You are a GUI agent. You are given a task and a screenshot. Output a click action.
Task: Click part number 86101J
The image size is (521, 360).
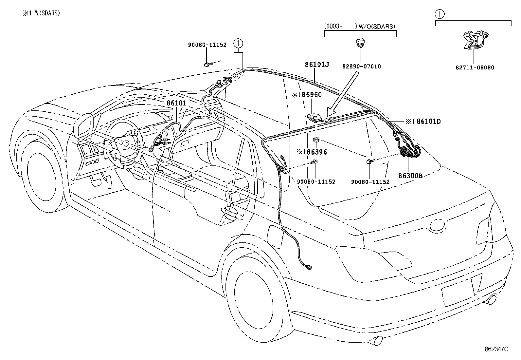click(317, 65)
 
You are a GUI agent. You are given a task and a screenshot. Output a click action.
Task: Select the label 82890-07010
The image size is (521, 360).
click(361, 66)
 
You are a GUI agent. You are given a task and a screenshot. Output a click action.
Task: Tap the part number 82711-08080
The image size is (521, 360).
click(475, 68)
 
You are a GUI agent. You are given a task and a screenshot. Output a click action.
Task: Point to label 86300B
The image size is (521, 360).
click(410, 176)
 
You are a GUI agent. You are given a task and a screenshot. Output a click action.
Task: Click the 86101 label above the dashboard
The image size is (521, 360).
click(176, 103)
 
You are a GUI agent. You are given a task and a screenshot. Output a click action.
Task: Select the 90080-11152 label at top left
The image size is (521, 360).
click(207, 45)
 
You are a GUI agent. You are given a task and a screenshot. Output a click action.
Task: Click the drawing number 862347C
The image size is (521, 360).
click(496, 349)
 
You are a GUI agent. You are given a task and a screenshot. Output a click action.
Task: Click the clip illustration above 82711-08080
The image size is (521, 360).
click(475, 40)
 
